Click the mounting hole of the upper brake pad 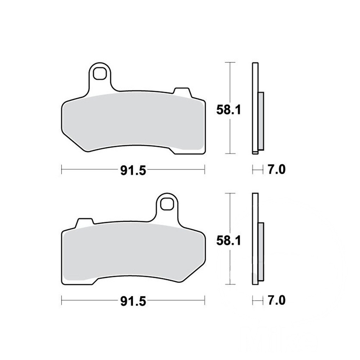point(100,73)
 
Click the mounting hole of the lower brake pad point(167,204)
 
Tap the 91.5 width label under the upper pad point(133,171)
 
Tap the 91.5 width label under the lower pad point(133,301)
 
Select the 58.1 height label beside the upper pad point(229,110)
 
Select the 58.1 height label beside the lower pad point(229,241)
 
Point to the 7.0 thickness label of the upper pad point(276,170)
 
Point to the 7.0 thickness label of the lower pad point(276,301)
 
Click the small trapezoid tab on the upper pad point(182,91)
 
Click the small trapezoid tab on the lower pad point(85,222)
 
